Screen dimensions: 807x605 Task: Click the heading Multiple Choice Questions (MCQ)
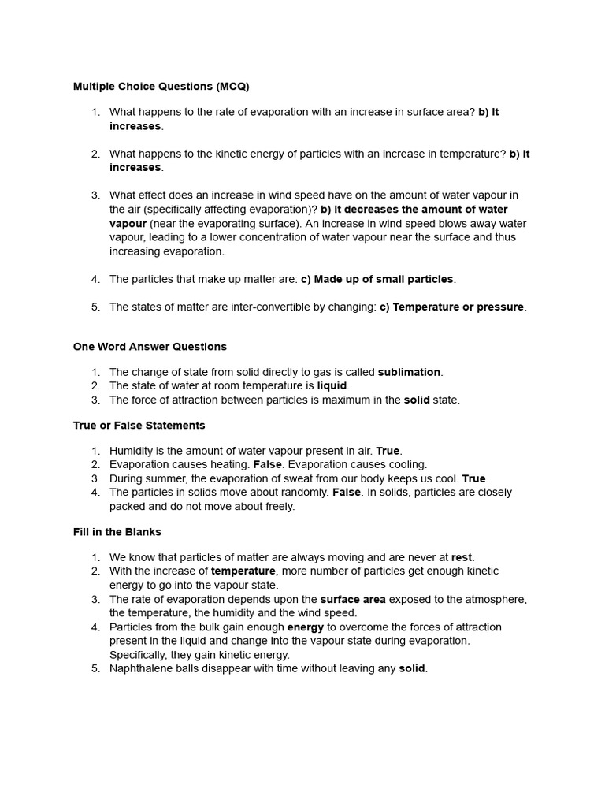click(161, 86)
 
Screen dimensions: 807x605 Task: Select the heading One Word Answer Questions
click(150, 346)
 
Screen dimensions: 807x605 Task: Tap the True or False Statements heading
click(139, 425)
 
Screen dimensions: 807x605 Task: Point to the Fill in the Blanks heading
click(117, 531)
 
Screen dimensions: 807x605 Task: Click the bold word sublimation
click(409, 372)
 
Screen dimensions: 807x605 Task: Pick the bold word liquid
click(332, 385)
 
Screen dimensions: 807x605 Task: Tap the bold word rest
click(462, 557)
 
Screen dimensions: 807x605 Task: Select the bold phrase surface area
click(353, 599)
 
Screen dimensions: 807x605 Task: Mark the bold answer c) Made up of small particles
click(377, 279)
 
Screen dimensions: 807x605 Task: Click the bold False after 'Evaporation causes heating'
click(267, 464)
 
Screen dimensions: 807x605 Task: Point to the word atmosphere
click(496, 599)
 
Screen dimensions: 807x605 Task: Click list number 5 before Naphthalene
click(95, 668)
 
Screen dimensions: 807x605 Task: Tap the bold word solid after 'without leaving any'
click(411, 668)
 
